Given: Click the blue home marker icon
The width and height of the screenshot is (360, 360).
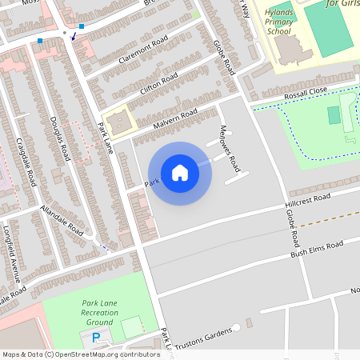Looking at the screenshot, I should pyautogui.click(x=180, y=173).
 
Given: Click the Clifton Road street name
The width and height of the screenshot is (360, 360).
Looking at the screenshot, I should pyautogui.click(x=158, y=82).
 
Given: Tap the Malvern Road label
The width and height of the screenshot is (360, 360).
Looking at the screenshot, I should pyautogui.click(x=174, y=120).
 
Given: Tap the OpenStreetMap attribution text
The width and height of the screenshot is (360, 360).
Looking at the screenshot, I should pyautogui.click(x=80, y=354).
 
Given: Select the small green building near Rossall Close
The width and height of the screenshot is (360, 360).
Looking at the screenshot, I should pyautogui.click(x=334, y=115).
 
